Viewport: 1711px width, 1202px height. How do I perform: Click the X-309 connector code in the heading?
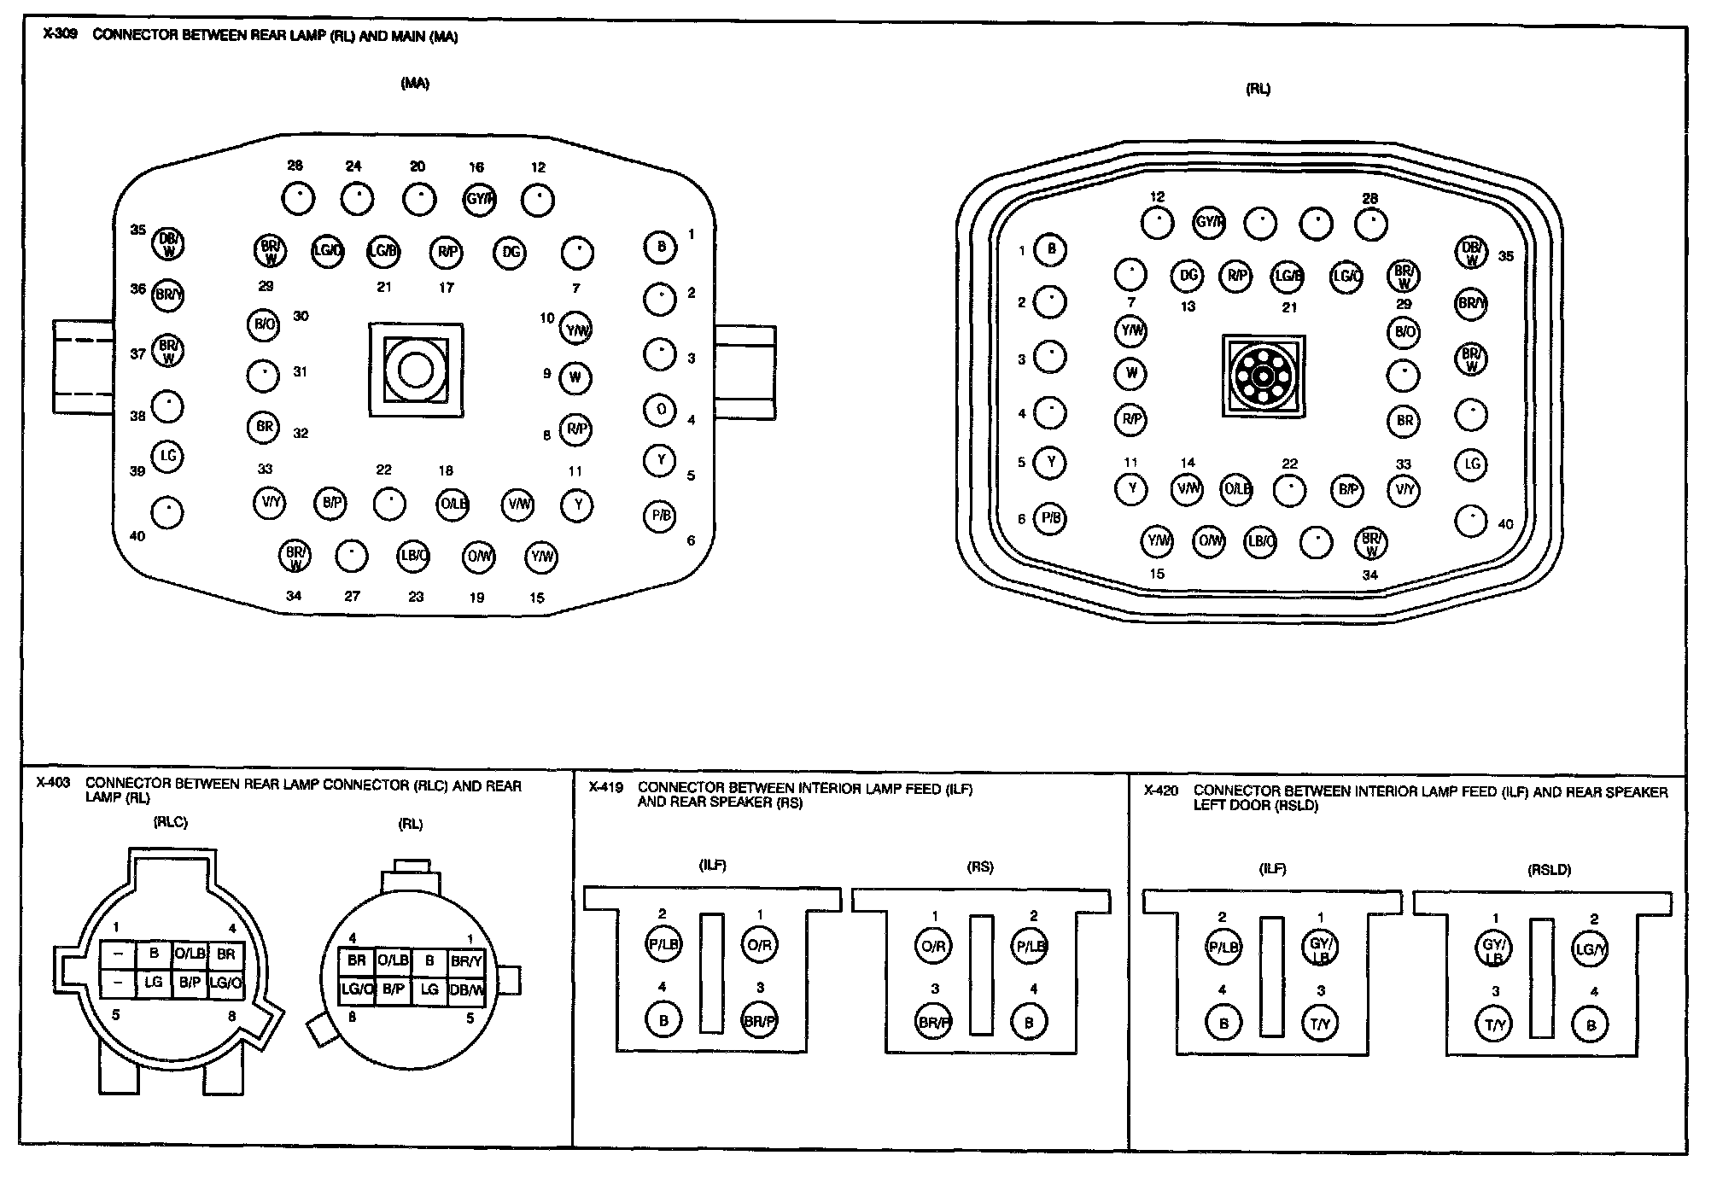click(60, 36)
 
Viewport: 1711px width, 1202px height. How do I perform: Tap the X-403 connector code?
click(53, 784)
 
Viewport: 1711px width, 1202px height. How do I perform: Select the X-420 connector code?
click(1161, 791)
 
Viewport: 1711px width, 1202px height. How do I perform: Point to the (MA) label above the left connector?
click(415, 84)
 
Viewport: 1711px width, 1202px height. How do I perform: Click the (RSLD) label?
click(1549, 871)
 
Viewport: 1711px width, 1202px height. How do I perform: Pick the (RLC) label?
click(170, 823)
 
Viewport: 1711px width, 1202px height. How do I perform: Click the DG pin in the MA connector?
click(511, 253)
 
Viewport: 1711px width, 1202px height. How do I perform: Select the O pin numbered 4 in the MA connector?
click(660, 410)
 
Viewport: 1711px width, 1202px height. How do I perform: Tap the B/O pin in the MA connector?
click(265, 324)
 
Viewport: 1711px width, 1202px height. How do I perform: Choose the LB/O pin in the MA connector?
click(414, 557)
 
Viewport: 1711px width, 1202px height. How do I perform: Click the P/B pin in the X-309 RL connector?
click(1050, 518)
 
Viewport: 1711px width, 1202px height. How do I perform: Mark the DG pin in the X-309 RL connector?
click(1188, 275)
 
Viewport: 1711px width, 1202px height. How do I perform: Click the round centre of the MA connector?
click(416, 371)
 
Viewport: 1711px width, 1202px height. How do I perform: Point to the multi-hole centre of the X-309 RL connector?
click(1264, 376)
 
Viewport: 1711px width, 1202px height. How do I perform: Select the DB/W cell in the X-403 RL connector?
click(466, 989)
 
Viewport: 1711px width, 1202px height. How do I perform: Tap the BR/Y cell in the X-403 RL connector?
click(466, 961)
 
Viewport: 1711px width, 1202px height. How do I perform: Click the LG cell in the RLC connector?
click(154, 983)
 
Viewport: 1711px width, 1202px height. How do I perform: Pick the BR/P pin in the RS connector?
click(933, 1022)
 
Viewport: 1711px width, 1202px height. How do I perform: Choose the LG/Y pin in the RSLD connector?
click(1589, 949)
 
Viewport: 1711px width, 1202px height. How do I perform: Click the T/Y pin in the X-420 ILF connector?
click(1320, 1024)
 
